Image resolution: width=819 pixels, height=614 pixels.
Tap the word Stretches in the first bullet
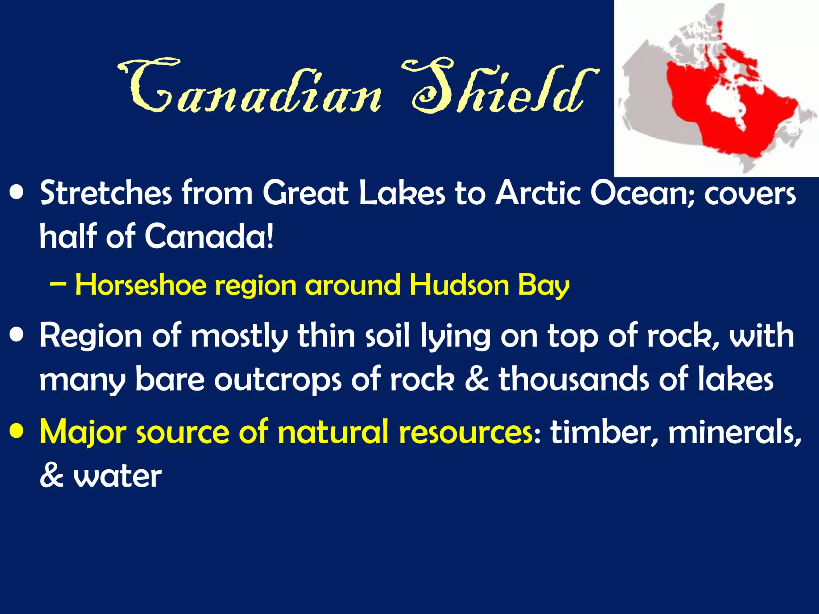pyautogui.click(x=106, y=193)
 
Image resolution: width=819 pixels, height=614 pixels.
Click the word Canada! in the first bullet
pyautogui.click(x=209, y=236)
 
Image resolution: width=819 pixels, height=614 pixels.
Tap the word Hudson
pyautogui.click(x=459, y=285)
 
